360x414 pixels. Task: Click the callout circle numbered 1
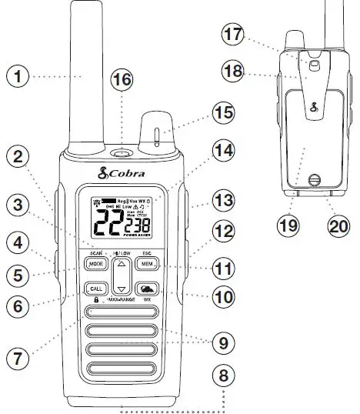[x=18, y=76]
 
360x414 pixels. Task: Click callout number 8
[x=222, y=377]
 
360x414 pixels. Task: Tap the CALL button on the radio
[x=96, y=289]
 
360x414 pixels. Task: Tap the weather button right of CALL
[x=147, y=289]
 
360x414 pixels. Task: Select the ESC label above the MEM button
[x=146, y=252]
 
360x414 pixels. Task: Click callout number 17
[x=233, y=35]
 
